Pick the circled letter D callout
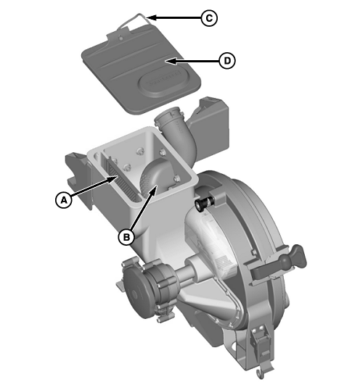[226, 61]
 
